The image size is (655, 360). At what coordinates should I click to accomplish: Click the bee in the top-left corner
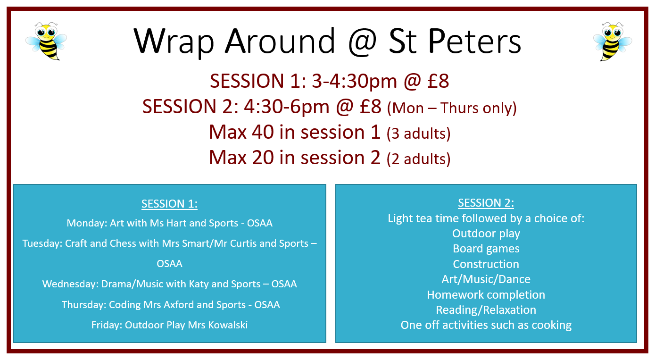tap(46, 41)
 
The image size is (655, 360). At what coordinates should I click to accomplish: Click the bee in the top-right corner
tap(612, 41)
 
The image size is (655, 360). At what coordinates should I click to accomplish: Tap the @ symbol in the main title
tap(362, 42)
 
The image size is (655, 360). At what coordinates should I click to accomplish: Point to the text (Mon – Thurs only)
tap(452, 109)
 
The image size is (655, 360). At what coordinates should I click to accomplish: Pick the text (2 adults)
tap(418, 159)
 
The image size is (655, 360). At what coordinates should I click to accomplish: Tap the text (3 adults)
tap(418, 134)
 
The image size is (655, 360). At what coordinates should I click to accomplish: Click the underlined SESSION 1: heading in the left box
tap(169, 204)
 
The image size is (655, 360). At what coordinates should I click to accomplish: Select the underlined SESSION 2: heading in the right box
tap(486, 203)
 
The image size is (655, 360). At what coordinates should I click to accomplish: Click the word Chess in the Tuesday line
tap(123, 243)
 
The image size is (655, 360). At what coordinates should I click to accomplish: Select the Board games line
tap(486, 249)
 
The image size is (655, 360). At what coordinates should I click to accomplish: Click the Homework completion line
tap(486, 295)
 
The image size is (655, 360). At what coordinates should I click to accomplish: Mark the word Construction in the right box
tap(486, 264)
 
